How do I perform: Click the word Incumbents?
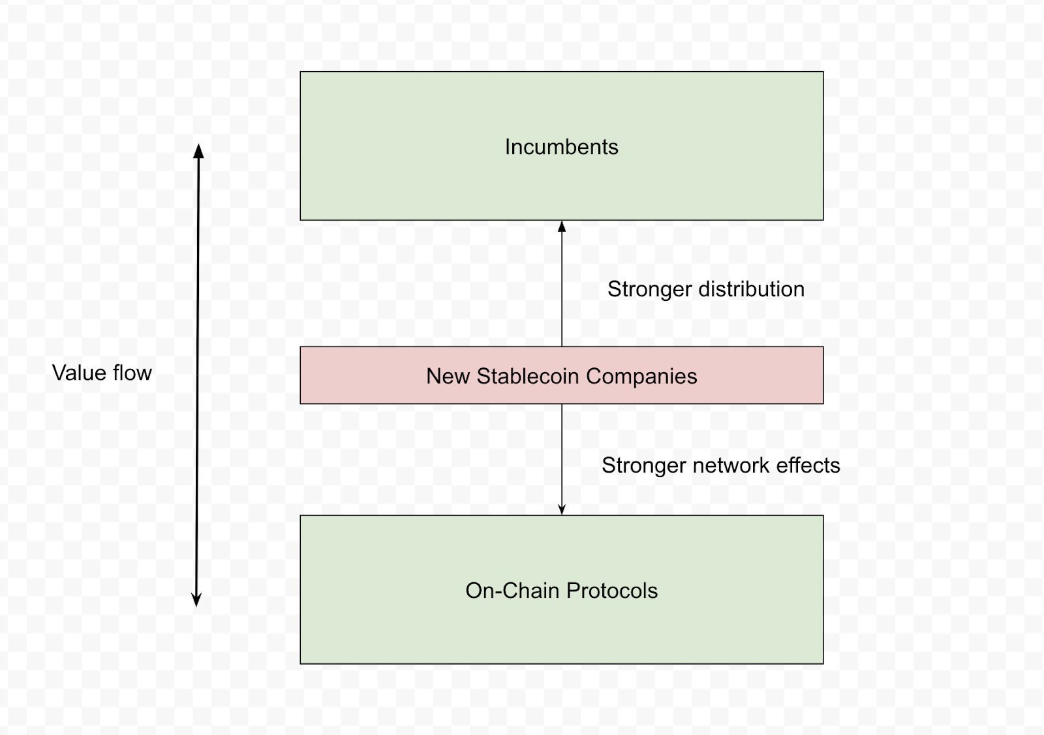coord(562,147)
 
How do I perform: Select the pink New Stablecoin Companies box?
coord(562,375)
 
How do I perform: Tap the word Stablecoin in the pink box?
coord(528,376)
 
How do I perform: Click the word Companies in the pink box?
coord(641,377)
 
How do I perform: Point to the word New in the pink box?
coord(448,376)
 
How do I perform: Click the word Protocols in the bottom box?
coord(612,591)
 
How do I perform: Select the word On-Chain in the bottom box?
coord(513,591)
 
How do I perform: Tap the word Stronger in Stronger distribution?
coord(650,290)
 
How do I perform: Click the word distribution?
coord(751,289)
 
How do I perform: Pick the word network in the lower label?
coord(731,465)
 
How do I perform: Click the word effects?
coord(808,465)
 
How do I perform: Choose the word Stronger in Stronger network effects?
coord(644,466)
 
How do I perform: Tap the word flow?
coord(132,373)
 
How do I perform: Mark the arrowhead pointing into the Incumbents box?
coord(562,227)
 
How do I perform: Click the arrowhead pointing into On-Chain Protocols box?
coord(562,509)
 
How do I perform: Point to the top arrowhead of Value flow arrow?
coord(198,151)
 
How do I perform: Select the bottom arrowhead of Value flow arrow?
coord(196,601)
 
